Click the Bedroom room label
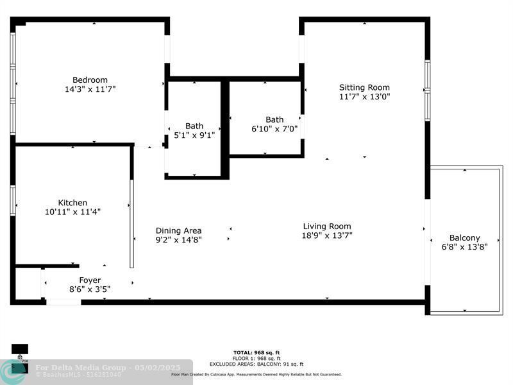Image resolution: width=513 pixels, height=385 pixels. pos(90,80)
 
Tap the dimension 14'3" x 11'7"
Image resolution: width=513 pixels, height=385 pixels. pos(90,89)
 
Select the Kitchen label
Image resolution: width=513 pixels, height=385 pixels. pos(72,202)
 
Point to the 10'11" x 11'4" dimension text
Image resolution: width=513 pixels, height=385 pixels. pos(72,211)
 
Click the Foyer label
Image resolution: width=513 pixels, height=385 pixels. pos(90,280)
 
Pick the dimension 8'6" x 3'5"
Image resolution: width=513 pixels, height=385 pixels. pos(90,289)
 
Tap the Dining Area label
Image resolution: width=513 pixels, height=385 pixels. pos(178,230)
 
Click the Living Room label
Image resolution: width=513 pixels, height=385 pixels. pos(327,226)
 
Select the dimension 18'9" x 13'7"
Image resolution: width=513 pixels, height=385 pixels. pos(327,235)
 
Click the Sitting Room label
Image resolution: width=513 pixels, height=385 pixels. pos(364,87)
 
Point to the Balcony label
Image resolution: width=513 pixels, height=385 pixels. pos(464,237)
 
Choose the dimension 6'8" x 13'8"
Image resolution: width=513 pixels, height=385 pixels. pos(464,246)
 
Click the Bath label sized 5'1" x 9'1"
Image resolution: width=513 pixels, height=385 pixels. pos(194,126)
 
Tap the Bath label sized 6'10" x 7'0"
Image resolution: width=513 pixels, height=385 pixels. pos(274,119)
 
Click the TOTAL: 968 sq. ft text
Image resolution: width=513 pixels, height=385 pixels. pos(256,352)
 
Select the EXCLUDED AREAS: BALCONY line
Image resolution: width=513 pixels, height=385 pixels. pos(256,364)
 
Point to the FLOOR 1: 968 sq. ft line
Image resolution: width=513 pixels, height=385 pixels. pos(256,358)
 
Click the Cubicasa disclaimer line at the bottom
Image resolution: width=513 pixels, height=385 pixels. pos(256,374)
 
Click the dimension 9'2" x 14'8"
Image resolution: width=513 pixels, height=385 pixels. pos(178,239)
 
